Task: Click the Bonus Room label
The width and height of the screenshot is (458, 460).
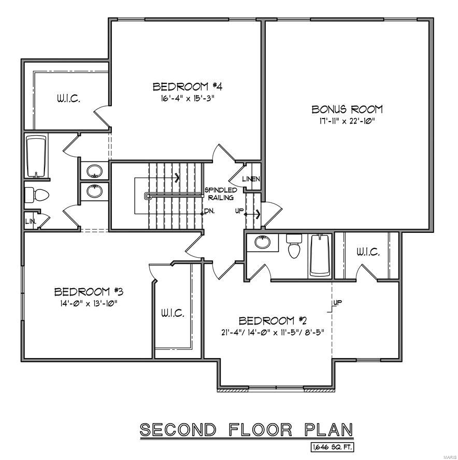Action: tap(347, 109)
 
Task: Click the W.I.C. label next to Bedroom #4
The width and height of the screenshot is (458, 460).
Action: tap(68, 98)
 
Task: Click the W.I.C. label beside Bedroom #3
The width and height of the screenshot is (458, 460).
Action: tap(172, 314)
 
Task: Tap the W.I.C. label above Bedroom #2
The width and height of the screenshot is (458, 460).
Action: tap(368, 253)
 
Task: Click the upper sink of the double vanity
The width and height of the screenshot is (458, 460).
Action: tap(94, 170)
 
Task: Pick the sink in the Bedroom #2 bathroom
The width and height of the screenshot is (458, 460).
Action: tap(262, 242)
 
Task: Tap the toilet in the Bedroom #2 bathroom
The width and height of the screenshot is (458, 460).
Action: tap(294, 246)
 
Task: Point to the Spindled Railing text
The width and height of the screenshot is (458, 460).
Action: tap(221, 194)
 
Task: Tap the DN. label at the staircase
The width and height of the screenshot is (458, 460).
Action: tap(209, 211)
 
